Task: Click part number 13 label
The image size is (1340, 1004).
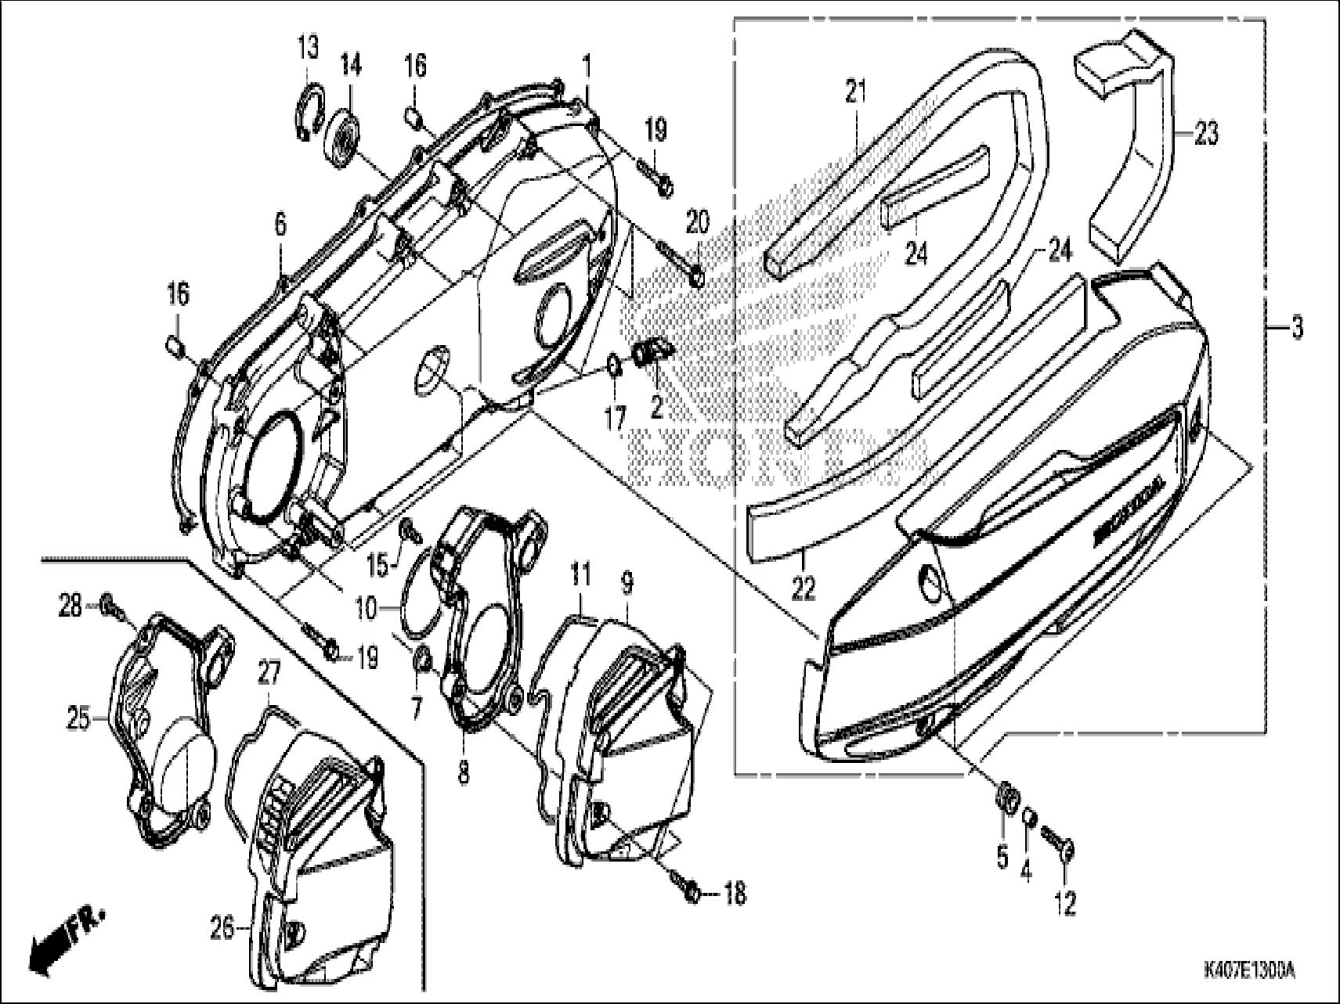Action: tap(308, 48)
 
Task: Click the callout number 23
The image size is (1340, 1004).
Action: tap(1206, 134)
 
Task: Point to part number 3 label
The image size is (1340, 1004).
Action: tap(1297, 329)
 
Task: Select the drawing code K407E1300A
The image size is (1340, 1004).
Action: tap(1248, 972)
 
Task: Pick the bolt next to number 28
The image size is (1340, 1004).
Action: tap(110, 605)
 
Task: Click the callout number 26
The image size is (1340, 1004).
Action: tap(222, 929)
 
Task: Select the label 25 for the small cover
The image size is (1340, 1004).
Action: tap(78, 720)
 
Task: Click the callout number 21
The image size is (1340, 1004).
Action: tap(856, 92)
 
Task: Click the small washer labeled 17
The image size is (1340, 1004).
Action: tap(616, 365)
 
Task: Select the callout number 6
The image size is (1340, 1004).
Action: tap(280, 225)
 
